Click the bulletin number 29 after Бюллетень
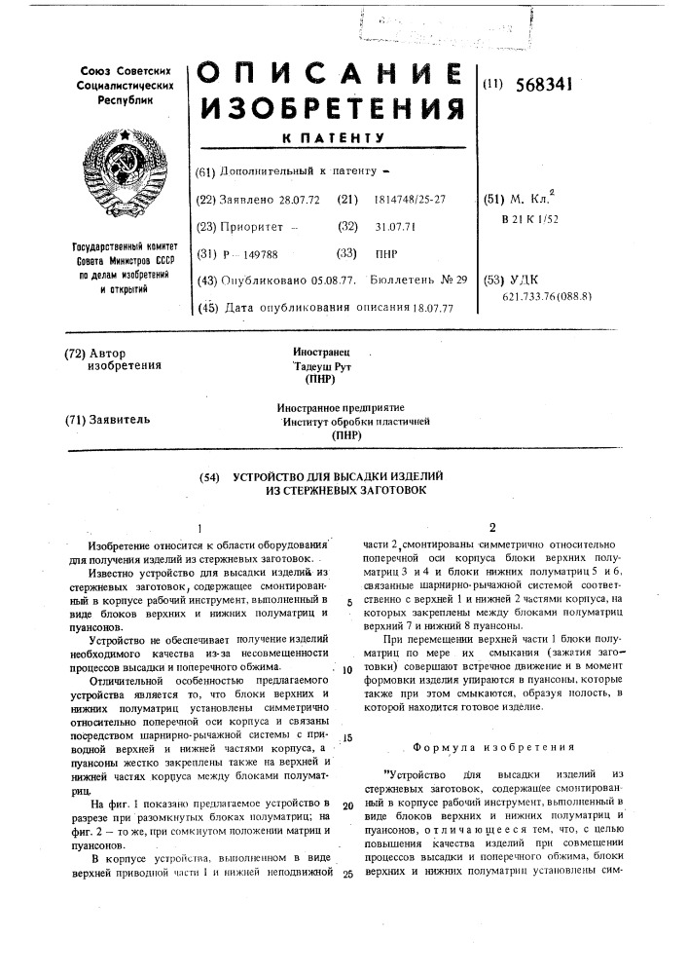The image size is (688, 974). point(458,280)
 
